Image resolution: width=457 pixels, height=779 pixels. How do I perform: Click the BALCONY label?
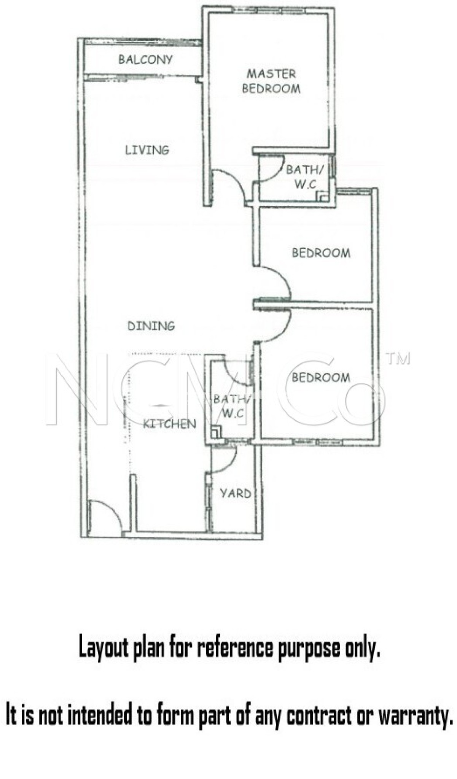pos(145,59)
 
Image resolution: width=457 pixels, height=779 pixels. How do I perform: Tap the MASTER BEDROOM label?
pos(271,81)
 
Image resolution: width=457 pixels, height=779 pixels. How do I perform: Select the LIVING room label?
pos(147,150)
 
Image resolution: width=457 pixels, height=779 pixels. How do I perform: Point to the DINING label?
pos(151,326)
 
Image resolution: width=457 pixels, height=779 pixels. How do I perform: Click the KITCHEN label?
pos(170,424)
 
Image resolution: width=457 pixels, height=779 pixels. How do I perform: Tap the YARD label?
pos(236,493)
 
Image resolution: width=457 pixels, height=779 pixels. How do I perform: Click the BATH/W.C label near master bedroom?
pos(304,177)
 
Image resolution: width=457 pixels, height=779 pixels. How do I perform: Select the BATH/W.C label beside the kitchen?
pos(231,406)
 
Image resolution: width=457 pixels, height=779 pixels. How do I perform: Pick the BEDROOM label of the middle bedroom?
pos(321,253)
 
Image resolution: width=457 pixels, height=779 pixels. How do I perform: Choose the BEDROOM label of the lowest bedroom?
pos(321,377)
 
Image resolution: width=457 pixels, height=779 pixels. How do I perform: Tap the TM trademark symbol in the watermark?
pos(398,359)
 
